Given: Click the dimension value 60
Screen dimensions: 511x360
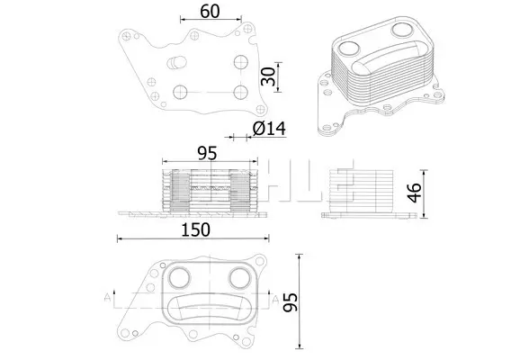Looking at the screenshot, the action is tap(210, 12).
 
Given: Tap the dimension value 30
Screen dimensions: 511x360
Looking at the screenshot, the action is tap(268, 76).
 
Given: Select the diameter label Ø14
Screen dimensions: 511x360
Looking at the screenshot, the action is tap(270, 128).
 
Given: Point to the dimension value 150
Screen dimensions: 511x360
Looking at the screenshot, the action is tap(195, 229).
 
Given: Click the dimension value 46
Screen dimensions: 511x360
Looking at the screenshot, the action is tap(414, 193).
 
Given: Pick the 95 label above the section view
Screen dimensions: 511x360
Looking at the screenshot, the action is tap(207, 153).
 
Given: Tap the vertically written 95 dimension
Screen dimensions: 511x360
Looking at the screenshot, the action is tap(290, 302).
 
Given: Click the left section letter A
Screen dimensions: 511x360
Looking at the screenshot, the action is tap(107, 298).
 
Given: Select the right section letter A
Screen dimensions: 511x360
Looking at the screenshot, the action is tap(275, 300).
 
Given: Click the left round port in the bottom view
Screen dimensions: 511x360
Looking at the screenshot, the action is tap(179, 278).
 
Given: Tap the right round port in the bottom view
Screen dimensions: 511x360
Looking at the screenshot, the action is tap(240, 278).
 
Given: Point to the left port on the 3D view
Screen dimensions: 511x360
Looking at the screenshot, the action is tap(349, 49).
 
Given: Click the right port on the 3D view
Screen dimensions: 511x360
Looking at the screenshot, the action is tap(403, 30).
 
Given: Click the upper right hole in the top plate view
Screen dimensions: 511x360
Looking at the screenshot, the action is tap(241, 62).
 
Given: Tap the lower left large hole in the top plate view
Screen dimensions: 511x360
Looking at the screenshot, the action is tap(180, 92).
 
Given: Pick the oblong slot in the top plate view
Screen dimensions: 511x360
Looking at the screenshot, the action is tap(176, 63).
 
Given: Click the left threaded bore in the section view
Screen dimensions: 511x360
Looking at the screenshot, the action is tap(180, 191).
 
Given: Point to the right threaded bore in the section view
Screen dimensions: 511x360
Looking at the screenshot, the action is tap(240, 191).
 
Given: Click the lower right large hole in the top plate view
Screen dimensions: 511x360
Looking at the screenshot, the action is tap(241, 93).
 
